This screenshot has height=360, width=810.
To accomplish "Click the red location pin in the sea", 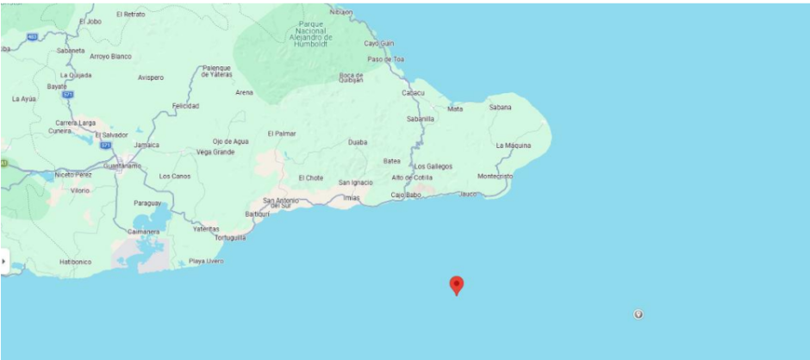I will pyautogui.click(x=457, y=285).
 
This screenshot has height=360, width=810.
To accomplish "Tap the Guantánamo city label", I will pyautogui.click(x=121, y=164).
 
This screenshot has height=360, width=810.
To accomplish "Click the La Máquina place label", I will pyautogui.click(x=514, y=146).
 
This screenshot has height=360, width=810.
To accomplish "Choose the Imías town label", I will pyautogui.click(x=351, y=197).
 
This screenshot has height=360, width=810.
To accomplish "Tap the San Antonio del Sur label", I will pyautogui.click(x=281, y=203).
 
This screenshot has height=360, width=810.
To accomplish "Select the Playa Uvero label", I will pyautogui.click(x=206, y=261).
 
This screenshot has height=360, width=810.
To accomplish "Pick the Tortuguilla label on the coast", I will pyautogui.click(x=231, y=238).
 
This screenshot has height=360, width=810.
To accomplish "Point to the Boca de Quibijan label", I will pyautogui.click(x=351, y=78).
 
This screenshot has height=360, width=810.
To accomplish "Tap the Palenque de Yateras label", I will pyautogui.click(x=217, y=71).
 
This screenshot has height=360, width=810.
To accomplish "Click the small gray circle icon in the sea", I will pyautogui.click(x=639, y=313).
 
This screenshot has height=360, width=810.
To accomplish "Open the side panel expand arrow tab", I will pyautogui.click(x=4, y=260).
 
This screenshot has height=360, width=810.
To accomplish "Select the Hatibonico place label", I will pyautogui.click(x=76, y=261).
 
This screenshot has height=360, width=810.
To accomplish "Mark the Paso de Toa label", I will pyautogui.click(x=386, y=59).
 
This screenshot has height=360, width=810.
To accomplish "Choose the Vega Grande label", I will pyautogui.click(x=215, y=152).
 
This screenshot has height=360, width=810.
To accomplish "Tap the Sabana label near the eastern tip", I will pyautogui.click(x=500, y=108).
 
